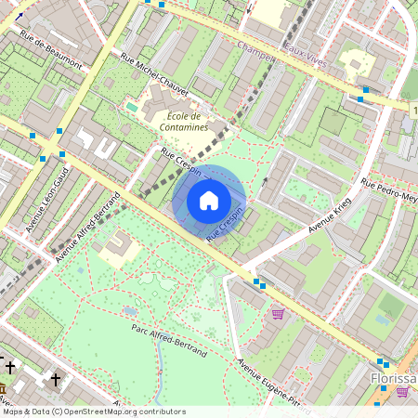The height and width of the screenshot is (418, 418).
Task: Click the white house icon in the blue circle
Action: coord(209,201)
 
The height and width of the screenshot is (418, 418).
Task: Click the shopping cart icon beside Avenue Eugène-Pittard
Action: coord(278,314)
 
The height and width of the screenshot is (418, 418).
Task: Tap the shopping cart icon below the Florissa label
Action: coord(402,393)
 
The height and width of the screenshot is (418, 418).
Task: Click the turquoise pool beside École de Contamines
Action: coord(131,108)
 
